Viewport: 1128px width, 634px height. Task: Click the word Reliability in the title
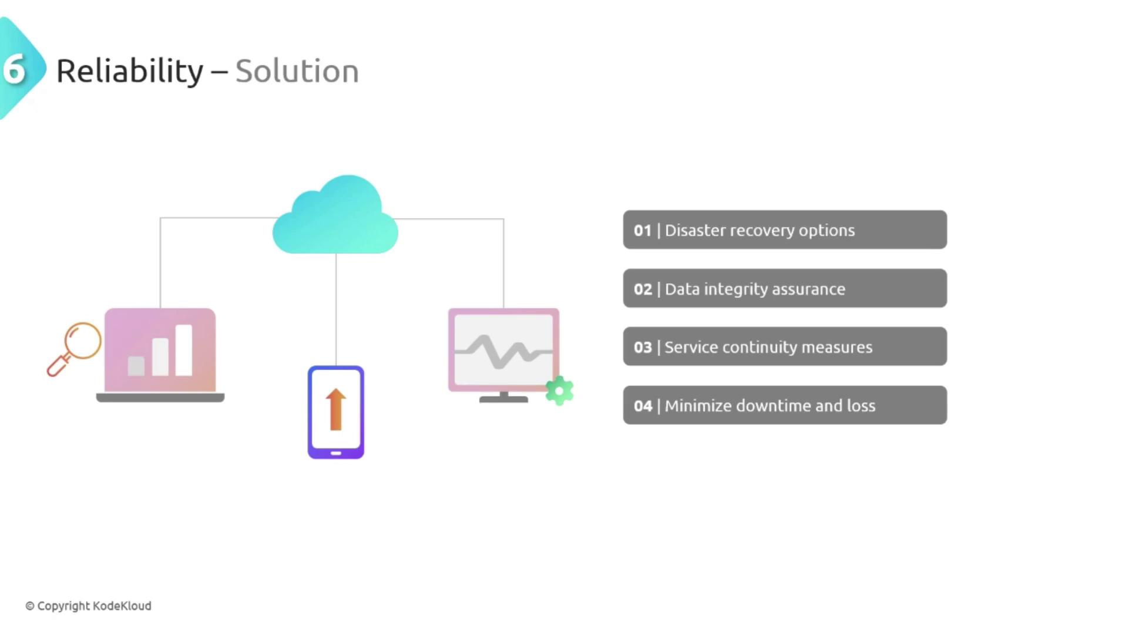[x=130, y=72]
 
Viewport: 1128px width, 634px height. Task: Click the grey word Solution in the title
[x=297, y=72]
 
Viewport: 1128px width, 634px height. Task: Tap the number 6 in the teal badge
[x=15, y=70]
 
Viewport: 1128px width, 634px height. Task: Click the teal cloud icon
[x=335, y=214]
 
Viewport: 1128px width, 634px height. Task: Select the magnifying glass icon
[x=74, y=349]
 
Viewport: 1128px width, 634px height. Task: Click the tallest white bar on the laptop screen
[x=184, y=350]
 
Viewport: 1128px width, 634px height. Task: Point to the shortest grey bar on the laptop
[x=136, y=366]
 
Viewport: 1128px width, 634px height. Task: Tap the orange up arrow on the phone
[x=335, y=409]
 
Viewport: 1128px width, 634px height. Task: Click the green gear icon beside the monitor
[x=559, y=390]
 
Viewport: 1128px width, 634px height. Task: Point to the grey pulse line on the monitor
[x=503, y=352]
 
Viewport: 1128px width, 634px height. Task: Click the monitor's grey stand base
[x=503, y=400]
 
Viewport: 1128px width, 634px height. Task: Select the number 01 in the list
[x=643, y=230]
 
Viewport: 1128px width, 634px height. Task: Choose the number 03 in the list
[x=643, y=348]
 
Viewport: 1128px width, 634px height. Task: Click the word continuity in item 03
[x=759, y=348]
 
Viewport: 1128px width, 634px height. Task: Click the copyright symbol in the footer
[x=30, y=606]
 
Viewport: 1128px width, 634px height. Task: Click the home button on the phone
[x=336, y=453]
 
